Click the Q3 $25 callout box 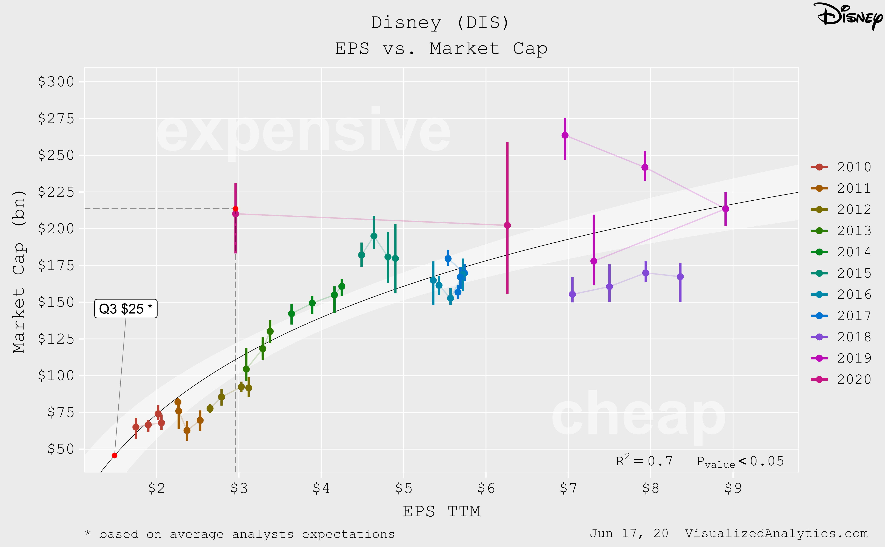[x=125, y=309]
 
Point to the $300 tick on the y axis [x=56, y=82]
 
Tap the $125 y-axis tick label [x=56, y=339]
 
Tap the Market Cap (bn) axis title [x=19, y=271]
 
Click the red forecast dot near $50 [x=114, y=455]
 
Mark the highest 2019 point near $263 [x=565, y=135]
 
